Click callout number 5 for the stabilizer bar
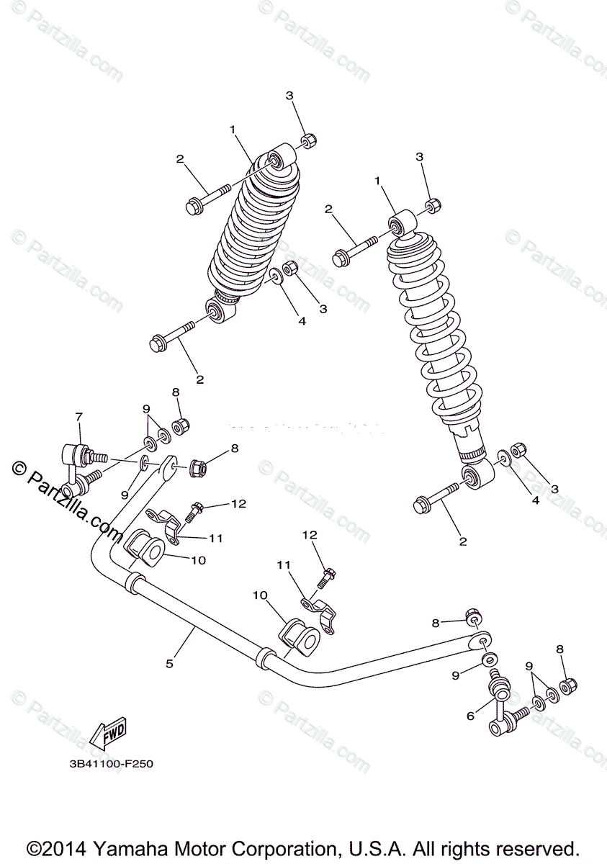[x=169, y=663]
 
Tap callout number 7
[x=79, y=417]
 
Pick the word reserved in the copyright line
[x=539, y=848]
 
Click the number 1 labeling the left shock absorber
[x=233, y=129]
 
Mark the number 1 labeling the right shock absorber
[x=377, y=181]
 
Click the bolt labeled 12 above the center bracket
[x=328, y=577]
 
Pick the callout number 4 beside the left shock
[x=302, y=321]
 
